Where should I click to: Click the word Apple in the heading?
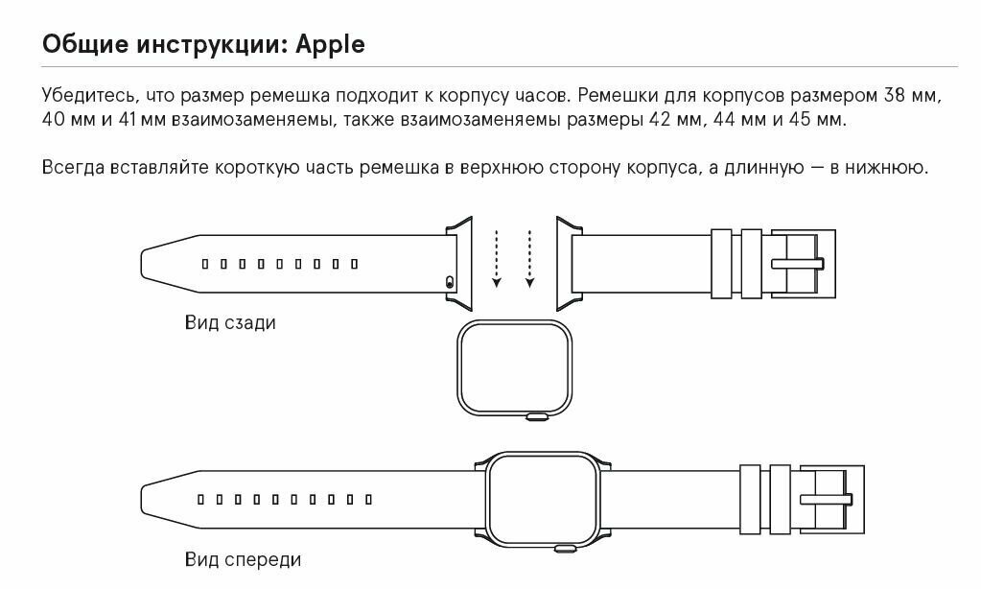[x=330, y=45]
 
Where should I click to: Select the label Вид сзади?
[x=230, y=322]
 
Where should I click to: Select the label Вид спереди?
[x=243, y=558]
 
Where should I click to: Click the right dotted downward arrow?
[x=529, y=257]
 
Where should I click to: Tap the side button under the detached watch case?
[x=538, y=416]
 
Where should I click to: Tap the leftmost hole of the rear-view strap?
[x=204, y=263]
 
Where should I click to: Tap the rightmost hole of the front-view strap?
[x=370, y=500]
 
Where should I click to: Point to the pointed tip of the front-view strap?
[x=146, y=500]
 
